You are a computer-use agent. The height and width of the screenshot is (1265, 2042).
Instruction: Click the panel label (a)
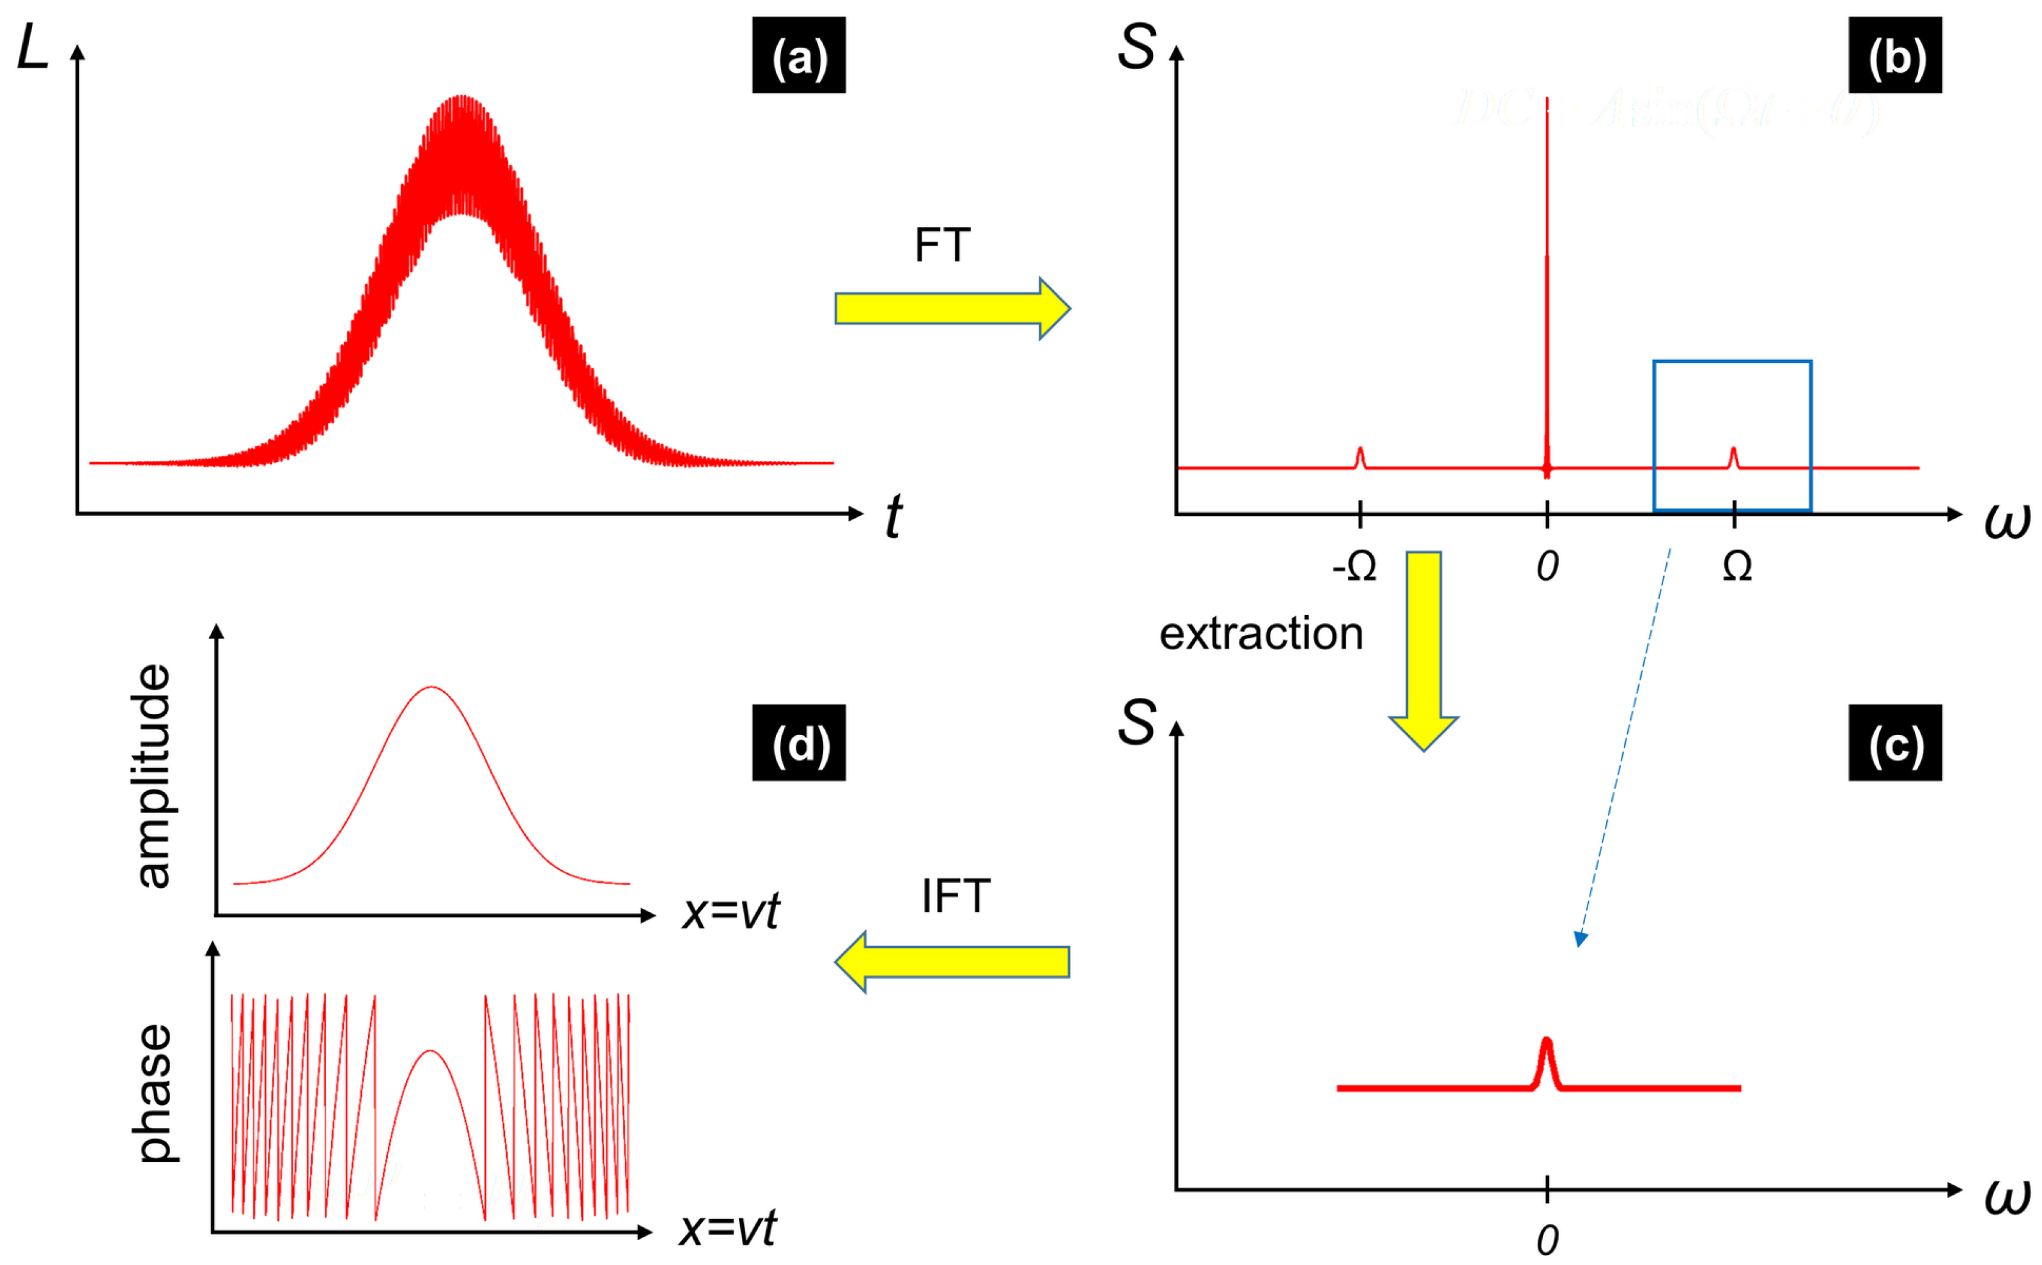(798, 55)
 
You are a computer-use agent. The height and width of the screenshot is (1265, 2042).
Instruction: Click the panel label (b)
(1895, 55)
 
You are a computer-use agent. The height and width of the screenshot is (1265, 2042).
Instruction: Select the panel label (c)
(1895, 743)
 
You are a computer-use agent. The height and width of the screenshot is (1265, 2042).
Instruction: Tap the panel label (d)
(798, 743)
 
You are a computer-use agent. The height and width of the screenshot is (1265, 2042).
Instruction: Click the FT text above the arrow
(942, 245)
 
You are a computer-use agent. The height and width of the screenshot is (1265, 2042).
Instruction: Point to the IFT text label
(955, 897)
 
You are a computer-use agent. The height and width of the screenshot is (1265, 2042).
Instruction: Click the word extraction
(1260, 633)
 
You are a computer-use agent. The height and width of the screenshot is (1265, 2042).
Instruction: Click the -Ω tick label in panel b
(1354, 567)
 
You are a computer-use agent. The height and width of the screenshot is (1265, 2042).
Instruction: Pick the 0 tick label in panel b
(1547, 567)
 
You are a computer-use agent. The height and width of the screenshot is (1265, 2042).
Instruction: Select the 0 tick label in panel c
(1547, 1241)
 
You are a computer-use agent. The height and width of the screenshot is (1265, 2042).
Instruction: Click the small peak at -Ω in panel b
(1360, 457)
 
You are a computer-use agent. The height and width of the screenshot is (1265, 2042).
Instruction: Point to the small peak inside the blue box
(1733, 457)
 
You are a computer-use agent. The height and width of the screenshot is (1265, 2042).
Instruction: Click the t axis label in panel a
(893, 516)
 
